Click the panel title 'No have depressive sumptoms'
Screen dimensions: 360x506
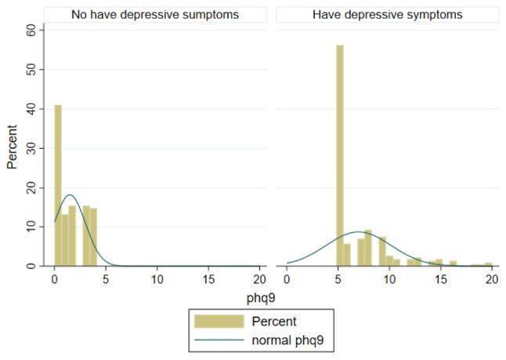[x=155, y=14]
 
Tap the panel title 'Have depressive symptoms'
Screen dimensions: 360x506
[x=387, y=14]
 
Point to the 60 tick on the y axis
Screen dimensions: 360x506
[x=32, y=30]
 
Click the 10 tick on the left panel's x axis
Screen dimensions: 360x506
[x=157, y=279]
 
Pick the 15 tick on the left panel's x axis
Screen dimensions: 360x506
[x=208, y=279]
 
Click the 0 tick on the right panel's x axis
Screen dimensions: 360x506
[x=287, y=279]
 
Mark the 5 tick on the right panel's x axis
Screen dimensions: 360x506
[x=338, y=279]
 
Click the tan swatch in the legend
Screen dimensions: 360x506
[x=221, y=321]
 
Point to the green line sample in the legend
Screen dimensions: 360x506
[x=221, y=340]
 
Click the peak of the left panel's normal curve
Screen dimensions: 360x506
[x=70, y=195]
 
